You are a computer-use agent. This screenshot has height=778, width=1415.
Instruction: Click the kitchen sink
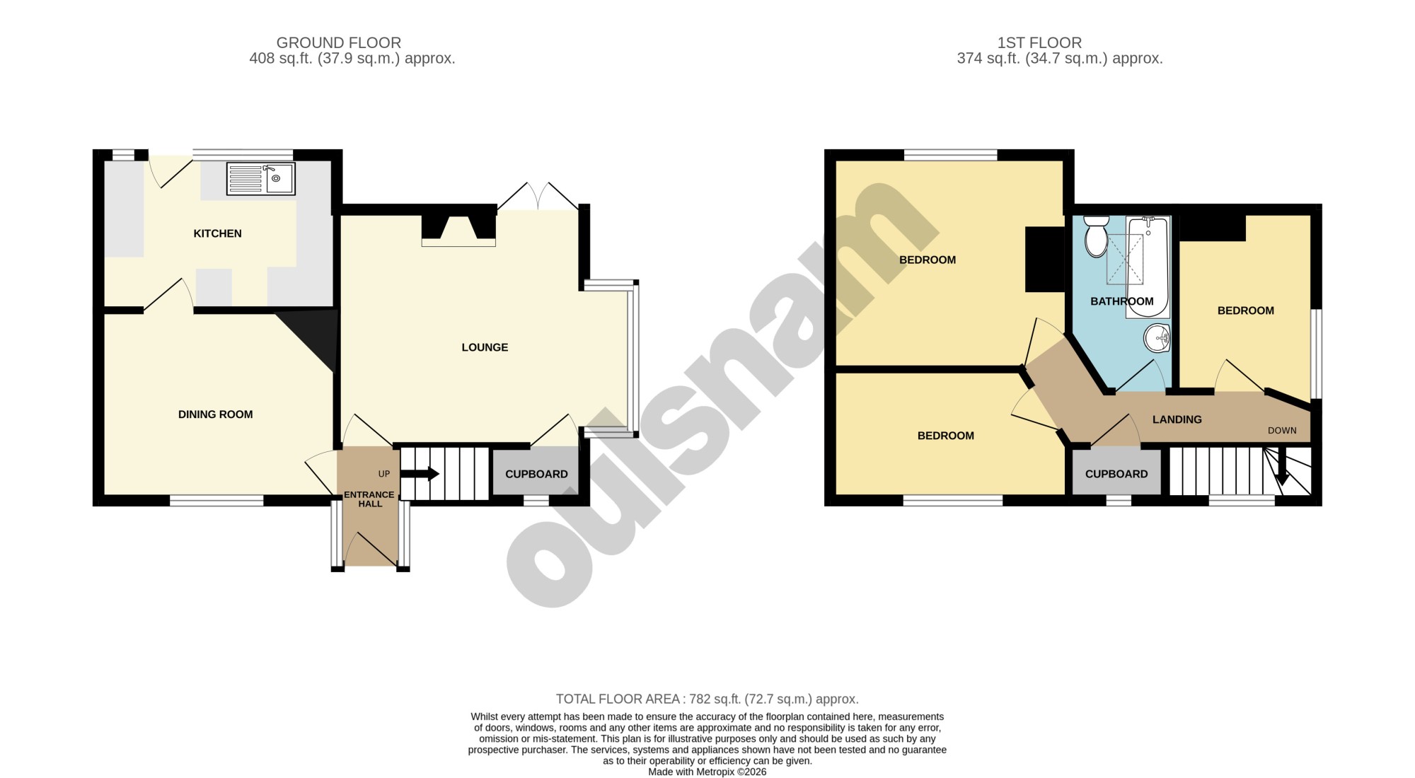[260, 178]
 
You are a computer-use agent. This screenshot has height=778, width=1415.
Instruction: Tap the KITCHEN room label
[218, 233]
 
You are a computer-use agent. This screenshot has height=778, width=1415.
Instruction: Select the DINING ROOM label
[215, 414]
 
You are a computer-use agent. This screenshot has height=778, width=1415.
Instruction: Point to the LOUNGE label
[485, 347]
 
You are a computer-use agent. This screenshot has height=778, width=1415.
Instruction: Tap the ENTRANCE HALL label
[369, 499]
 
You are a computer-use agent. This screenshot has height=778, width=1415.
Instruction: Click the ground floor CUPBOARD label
[536, 474]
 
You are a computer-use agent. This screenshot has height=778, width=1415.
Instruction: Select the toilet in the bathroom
[1096, 236]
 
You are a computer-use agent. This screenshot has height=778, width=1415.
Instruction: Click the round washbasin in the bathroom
[1157, 338]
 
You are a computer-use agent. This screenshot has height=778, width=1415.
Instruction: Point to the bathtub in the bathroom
[1148, 266]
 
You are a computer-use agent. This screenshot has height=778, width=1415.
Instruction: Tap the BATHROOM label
[1121, 301]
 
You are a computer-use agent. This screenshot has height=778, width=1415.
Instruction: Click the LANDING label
[1177, 419]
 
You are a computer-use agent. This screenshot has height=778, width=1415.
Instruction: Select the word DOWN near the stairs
[1282, 431]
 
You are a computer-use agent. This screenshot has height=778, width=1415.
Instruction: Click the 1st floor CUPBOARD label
[1116, 474]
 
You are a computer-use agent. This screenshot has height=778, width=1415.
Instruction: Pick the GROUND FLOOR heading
[339, 43]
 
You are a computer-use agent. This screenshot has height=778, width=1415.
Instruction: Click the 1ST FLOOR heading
[1039, 43]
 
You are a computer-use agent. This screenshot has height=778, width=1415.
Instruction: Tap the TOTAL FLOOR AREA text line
[707, 699]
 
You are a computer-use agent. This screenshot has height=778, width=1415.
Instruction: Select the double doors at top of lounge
[538, 196]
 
